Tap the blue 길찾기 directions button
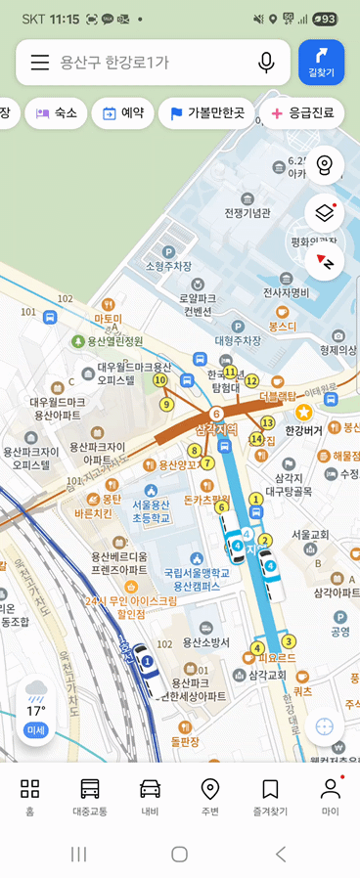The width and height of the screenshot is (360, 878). pos(321,63)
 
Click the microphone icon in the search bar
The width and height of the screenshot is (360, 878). pos(266,63)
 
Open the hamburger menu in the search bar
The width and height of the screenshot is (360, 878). pos(40,63)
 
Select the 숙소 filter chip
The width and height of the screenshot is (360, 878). pos(57,113)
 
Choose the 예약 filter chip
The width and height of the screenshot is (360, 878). pos(122,113)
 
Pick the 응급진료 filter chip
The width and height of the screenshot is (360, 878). pos(302,113)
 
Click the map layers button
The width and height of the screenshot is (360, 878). pos(325,212)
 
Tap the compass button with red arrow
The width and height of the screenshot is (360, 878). pos(325,262)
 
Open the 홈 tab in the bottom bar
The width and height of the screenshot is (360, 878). pos(30,796)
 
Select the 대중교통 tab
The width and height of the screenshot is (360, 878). pos(90,796)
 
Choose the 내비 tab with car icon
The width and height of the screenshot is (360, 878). pos(150,796)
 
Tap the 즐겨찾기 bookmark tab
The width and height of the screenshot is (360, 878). pos(270,796)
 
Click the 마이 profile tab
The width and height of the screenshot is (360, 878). pos(331,796)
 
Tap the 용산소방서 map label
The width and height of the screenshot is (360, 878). pos(206,642)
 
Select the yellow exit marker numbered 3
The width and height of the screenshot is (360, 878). pos(288,641)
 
